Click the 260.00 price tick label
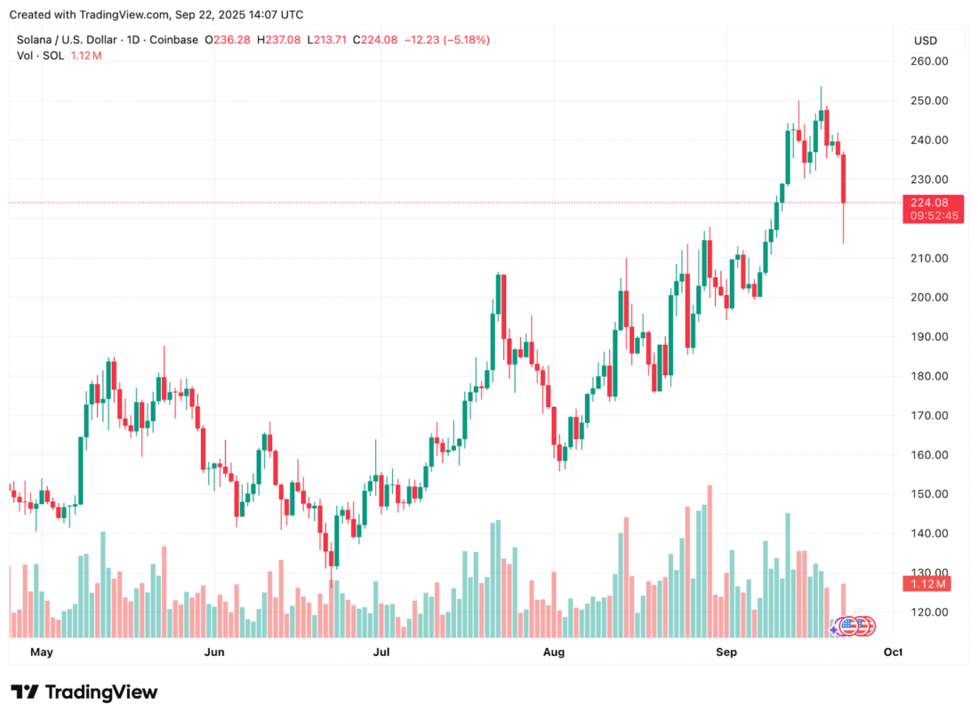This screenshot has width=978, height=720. [929, 61]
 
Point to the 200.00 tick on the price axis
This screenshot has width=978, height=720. [929, 298]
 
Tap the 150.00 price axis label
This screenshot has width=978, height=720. [929, 493]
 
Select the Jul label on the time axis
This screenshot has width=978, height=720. [381, 652]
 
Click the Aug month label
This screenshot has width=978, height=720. [554, 652]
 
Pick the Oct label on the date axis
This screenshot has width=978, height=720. [893, 652]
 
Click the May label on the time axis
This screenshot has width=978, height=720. [42, 652]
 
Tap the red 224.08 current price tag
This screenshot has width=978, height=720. [929, 203]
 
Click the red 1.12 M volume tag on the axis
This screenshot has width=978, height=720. [926, 584]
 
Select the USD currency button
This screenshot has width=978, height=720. [926, 41]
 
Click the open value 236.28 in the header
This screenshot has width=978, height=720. [232, 40]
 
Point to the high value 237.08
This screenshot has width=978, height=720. [283, 40]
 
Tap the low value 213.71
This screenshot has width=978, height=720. [330, 40]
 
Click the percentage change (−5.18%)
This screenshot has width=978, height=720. [467, 40]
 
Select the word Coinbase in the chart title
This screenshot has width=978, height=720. [173, 40]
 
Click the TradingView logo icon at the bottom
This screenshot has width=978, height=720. [25, 692]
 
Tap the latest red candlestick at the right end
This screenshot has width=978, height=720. [843, 179]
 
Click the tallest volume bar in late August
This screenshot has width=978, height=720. [709, 561]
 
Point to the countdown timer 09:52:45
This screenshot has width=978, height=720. [934, 216]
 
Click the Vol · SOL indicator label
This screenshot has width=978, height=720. [41, 55]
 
